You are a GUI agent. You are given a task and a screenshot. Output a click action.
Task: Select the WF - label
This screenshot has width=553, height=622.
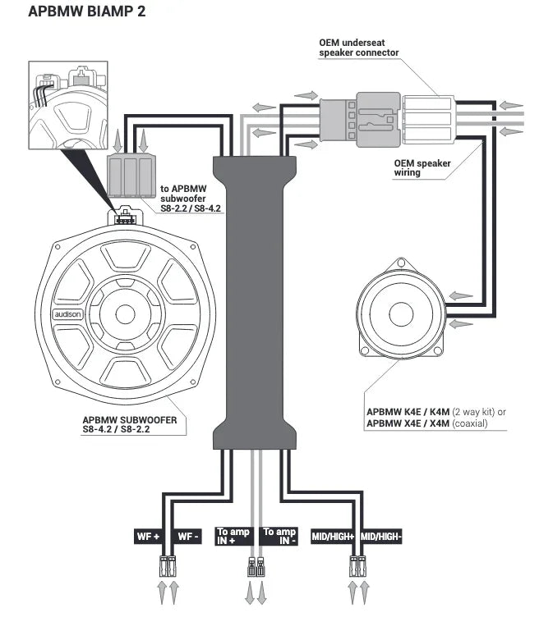point(188,537)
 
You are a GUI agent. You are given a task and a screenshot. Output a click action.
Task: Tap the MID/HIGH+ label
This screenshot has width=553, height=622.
point(333,537)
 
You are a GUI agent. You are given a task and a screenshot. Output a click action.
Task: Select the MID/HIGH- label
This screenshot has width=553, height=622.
point(380,537)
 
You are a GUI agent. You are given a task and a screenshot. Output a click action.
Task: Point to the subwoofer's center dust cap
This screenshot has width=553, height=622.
point(126,313)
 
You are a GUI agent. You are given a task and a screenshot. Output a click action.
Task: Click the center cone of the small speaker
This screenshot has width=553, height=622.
point(401,315)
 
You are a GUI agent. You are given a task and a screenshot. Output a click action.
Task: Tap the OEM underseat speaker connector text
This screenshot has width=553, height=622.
point(358,47)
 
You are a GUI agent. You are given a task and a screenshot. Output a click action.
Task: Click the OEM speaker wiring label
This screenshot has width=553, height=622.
point(422,168)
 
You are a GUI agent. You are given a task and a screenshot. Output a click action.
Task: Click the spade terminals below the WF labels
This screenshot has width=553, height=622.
point(167,567)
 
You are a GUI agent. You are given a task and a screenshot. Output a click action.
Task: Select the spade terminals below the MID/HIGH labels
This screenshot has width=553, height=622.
point(358,567)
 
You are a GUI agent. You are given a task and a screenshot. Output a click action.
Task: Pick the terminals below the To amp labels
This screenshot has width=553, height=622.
point(256,568)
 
